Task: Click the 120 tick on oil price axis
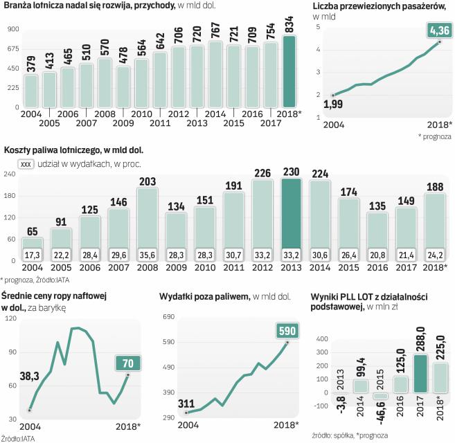pyautogui.click(x=11, y=319)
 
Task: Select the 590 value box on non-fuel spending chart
pyautogui.click(x=287, y=331)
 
